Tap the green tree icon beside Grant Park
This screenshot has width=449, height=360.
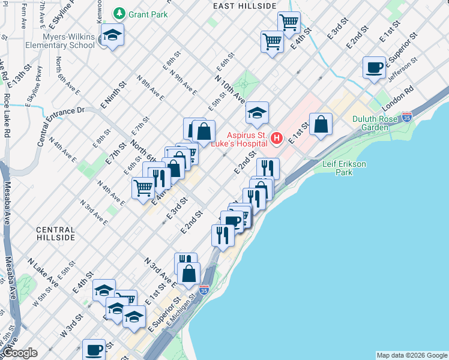(120, 13)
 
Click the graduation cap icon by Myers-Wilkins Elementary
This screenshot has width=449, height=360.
(112, 35)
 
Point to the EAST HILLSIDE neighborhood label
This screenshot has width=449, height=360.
(245, 6)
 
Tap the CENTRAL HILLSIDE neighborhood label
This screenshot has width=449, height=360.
(56, 233)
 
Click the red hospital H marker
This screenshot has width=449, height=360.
(277, 139)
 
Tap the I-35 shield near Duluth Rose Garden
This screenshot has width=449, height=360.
(407, 116)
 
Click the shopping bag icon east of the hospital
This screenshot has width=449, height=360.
(321, 124)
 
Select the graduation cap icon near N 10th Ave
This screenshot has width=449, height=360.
(257, 113)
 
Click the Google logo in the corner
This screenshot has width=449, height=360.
(19, 353)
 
